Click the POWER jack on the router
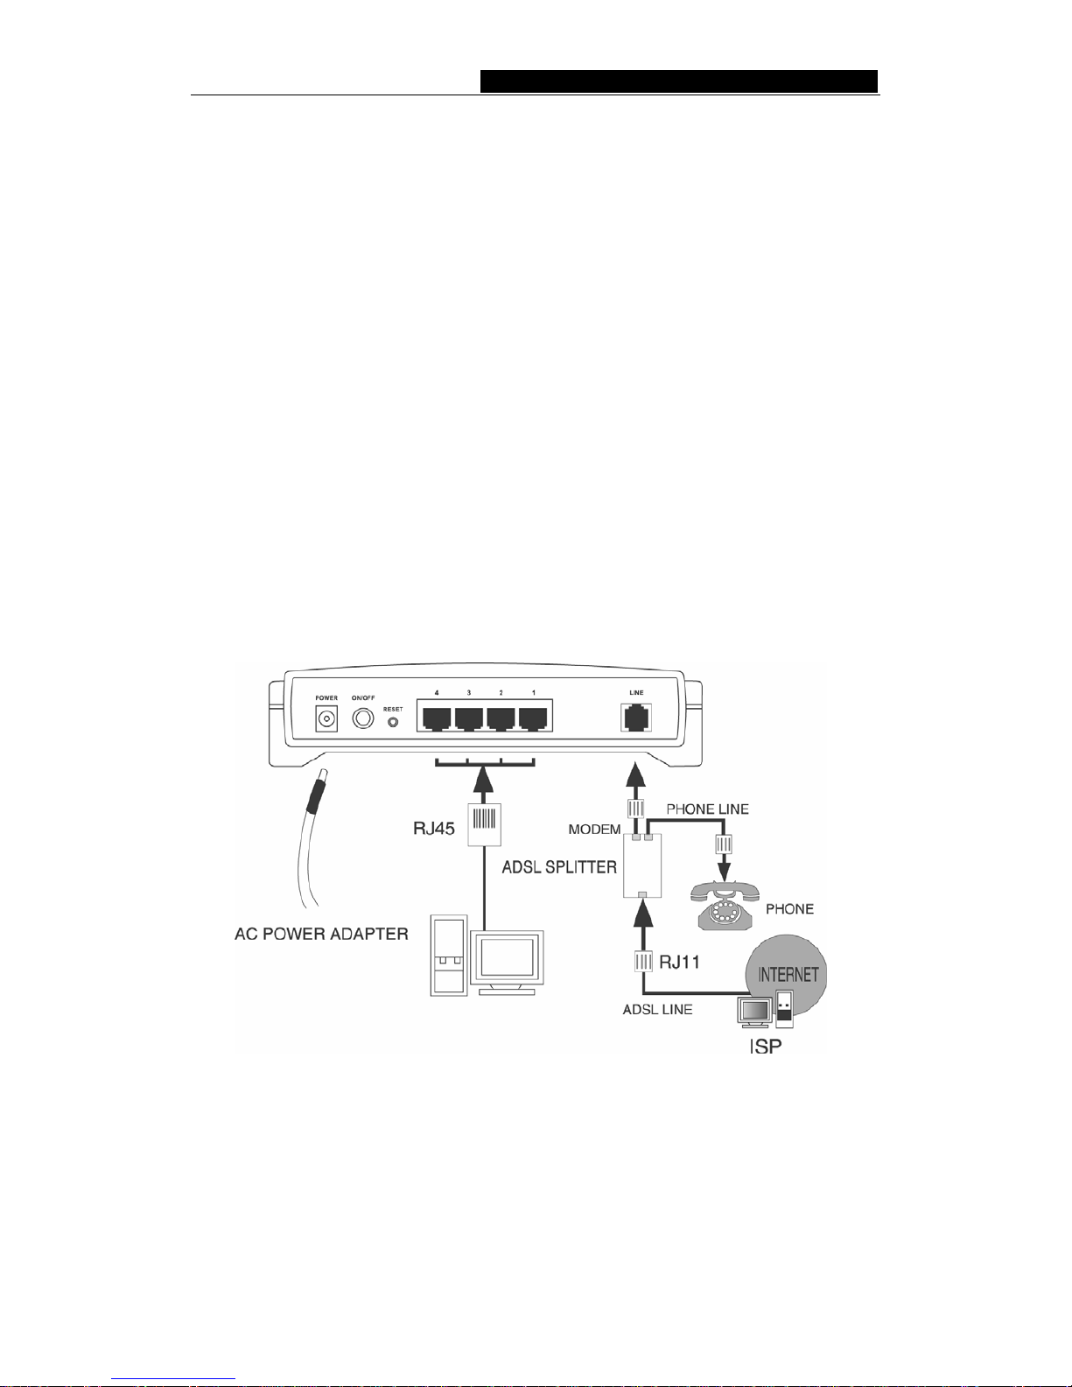[326, 719]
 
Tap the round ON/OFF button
[363, 718]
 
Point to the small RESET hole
[393, 722]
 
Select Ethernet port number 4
[437, 718]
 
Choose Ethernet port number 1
[534, 718]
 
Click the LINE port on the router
[636, 718]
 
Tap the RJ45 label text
[434, 829]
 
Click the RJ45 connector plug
[484, 824]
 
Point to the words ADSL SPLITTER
[559, 867]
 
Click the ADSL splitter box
[642, 865]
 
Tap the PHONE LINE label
[708, 809]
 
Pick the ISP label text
[765, 1046]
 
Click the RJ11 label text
[680, 961]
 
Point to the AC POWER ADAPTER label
[322, 934]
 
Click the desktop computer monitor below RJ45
[508, 962]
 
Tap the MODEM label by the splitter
[595, 829]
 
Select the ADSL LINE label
[657, 1009]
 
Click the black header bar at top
[679, 81]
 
